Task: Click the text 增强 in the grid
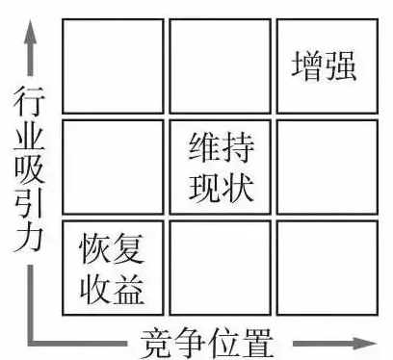click(x=324, y=66)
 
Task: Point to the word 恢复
click(x=112, y=250)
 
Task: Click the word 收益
click(x=112, y=286)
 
